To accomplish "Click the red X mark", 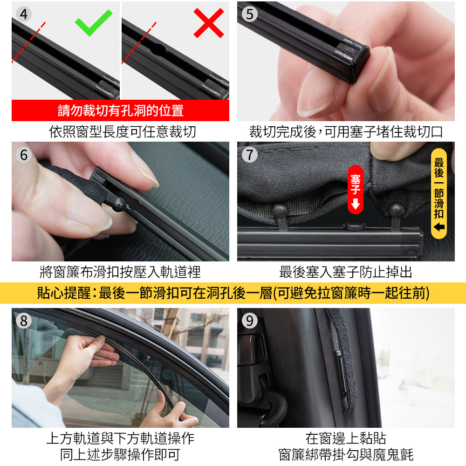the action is tap(209, 23).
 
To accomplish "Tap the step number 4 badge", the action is tap(24, 14).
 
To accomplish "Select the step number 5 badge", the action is tap(250, 14).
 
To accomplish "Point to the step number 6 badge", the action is tap(24, 155).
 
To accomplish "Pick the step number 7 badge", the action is tap(250, 155).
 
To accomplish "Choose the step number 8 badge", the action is tap(24, 321).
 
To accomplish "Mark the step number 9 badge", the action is tap(250, 321).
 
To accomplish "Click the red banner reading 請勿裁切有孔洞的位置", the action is tap(120, 110).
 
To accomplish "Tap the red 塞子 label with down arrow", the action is tap(356, 190).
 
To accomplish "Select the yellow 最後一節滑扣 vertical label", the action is tap(439, 193).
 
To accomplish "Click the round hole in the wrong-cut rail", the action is tap(159, 50).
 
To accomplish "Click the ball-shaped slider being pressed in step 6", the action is tap(119, 205).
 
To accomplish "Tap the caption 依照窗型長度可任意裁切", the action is tap(123, 132).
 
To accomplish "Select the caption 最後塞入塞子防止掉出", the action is tap(346, 272).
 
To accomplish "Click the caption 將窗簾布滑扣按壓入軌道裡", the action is tap(120, 272).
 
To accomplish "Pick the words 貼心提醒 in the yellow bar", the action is tap(63, 293).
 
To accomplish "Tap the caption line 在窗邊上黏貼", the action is tap(346, 439).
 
